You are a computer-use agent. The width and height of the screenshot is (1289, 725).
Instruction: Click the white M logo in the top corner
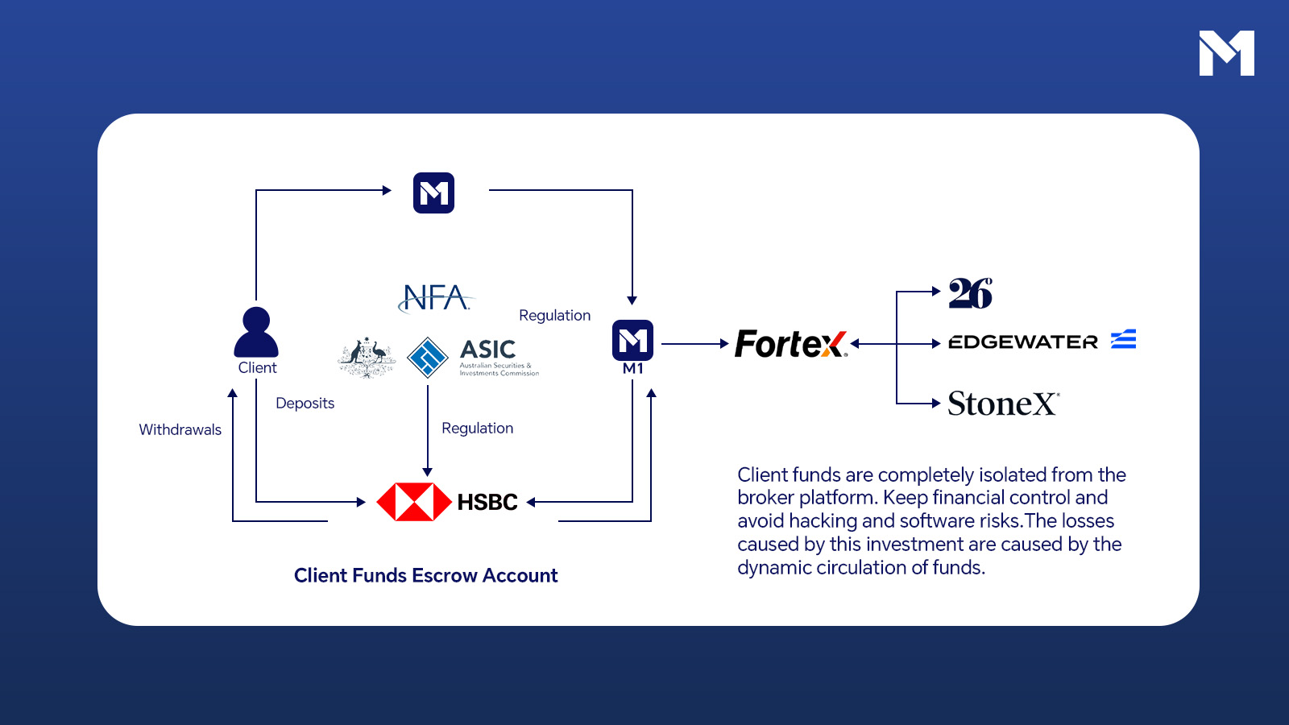(x=1226, y=53)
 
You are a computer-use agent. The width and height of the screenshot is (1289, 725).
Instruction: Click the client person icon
(x=256, y=332)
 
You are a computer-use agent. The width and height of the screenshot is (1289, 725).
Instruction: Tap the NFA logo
(x=436, y=297)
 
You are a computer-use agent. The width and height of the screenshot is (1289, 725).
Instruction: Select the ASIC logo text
(x=488, y=350)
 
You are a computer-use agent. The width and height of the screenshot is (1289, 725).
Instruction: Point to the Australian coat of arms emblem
(x=367, y=357)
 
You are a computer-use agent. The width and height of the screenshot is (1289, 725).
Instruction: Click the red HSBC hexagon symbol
(x=414, y=502)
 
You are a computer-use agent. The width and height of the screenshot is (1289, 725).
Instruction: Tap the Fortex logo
(x=790, y=344)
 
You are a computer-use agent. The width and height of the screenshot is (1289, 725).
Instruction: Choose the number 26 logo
(x=970, y=293)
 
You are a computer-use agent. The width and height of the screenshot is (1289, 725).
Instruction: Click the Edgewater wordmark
(x=1023, y=342)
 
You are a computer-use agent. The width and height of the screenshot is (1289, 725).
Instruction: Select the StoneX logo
(x=1003, y=404)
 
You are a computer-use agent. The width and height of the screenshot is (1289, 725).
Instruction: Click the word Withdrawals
(x=180, y=429)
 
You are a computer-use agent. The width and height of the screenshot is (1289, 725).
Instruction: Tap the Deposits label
(x=305, y=403)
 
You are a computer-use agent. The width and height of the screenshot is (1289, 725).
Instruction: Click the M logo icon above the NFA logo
(x=433, y=193)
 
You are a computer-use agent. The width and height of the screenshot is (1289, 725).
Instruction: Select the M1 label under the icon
(x=633, y=368)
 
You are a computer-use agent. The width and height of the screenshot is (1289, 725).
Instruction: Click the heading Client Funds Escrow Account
(x=425, y=575)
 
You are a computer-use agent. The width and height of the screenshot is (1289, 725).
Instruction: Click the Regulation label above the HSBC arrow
(x=477, y=428)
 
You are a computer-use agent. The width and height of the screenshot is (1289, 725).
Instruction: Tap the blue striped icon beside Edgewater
(x=1123, y=339)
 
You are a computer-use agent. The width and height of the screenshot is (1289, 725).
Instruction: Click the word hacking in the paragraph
(x=822, y=521)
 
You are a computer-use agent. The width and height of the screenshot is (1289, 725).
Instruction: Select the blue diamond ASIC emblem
(x=428, y=357)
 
